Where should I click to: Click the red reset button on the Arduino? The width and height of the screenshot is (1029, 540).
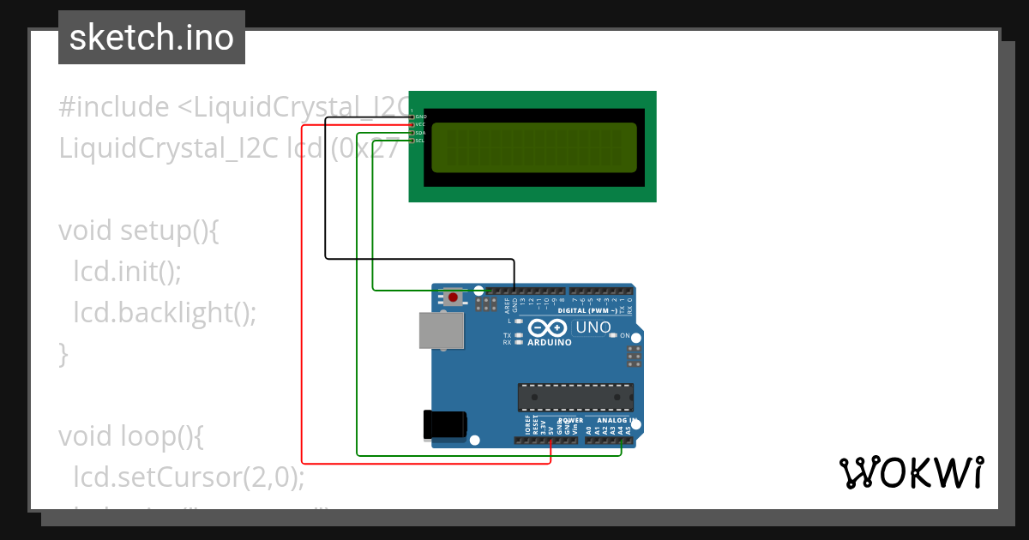tap(452, 297)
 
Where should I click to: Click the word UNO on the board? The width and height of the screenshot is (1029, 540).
tap(593, 327)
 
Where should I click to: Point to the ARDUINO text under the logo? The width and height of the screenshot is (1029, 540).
tap(549, 342)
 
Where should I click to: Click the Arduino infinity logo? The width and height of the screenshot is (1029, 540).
tap(548, 327)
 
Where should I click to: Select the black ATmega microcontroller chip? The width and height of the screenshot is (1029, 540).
tap(575, 398)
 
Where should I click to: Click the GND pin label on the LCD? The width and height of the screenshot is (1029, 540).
tap(420, 117)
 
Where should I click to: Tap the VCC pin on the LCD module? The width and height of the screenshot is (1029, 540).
tap(420, 124)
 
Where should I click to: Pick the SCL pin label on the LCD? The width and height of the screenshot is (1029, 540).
tap(420, 141)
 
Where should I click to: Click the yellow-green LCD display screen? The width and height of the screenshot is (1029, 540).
tap(534, 147)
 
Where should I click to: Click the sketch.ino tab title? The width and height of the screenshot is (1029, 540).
tap(152, 38)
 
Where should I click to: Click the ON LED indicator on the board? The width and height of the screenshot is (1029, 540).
tap(614, 335)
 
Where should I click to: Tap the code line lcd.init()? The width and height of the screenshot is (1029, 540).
tap(127, 272)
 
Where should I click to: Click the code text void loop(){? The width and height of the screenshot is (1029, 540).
tap(131, 436)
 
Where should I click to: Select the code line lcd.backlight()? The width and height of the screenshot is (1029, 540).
tap(165, 312)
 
